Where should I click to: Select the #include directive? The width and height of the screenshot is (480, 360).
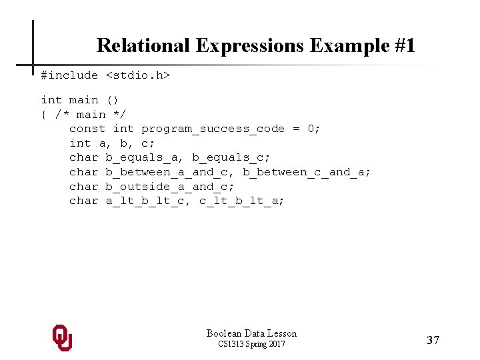tap(69, 75)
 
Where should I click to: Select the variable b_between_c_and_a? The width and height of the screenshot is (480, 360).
tap(303, 172)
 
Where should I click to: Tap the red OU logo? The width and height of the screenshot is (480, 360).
tap(62, 338)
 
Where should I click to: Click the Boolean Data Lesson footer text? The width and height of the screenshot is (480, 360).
tap(251, 333)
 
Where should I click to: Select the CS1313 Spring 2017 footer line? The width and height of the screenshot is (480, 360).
tap(251, 344)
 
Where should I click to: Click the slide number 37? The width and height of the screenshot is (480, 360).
tap(433, 341)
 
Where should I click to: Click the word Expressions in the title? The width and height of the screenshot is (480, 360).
tap(250, 45)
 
